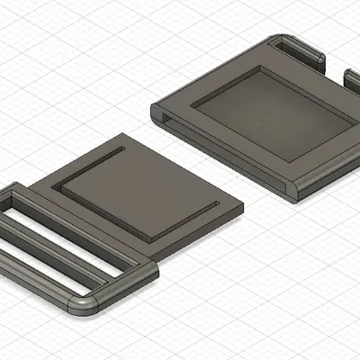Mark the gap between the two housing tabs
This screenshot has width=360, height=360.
click(333, 67)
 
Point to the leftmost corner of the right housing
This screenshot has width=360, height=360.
click(150, 110)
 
